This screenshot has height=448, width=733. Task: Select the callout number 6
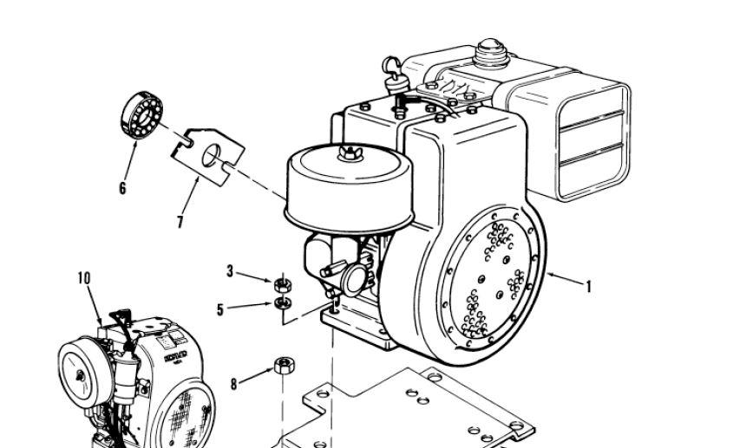(122, 187)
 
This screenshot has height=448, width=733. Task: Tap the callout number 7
(180, 222)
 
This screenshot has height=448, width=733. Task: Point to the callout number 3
(230, 271)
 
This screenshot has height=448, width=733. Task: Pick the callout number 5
(220, 308)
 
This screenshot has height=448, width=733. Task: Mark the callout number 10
(84, 278)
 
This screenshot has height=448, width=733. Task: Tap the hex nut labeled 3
(280, 283)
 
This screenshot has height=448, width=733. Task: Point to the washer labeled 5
(280, 302)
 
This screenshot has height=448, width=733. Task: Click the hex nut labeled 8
(283, 365)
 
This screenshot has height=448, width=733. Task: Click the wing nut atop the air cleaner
(351, 153)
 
